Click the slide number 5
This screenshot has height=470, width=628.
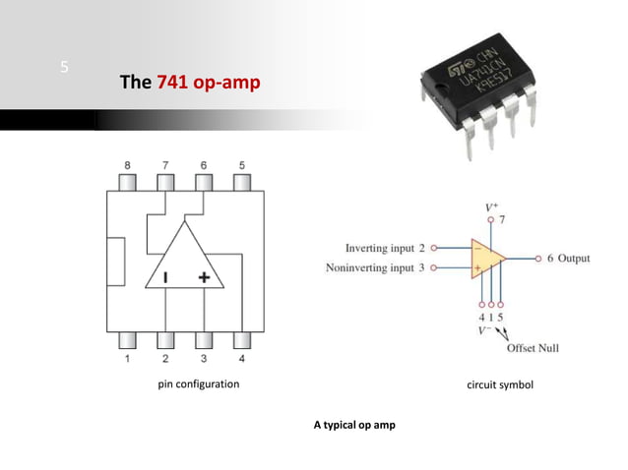64,68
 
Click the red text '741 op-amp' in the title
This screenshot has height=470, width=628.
208,82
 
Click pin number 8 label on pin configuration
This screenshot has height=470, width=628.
126,164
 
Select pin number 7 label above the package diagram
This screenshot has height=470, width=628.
164,164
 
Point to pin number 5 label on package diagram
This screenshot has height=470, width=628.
241,164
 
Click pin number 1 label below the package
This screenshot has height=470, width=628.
126,359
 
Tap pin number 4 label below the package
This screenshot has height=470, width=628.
241,359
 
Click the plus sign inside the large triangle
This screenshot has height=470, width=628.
204,278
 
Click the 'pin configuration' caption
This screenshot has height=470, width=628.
199,384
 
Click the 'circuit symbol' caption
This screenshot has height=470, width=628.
499,384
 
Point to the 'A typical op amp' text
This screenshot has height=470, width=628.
353,425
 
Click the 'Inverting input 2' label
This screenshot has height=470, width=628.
385,249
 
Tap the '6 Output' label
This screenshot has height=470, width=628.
567,259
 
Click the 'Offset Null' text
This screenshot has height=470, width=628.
532,348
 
